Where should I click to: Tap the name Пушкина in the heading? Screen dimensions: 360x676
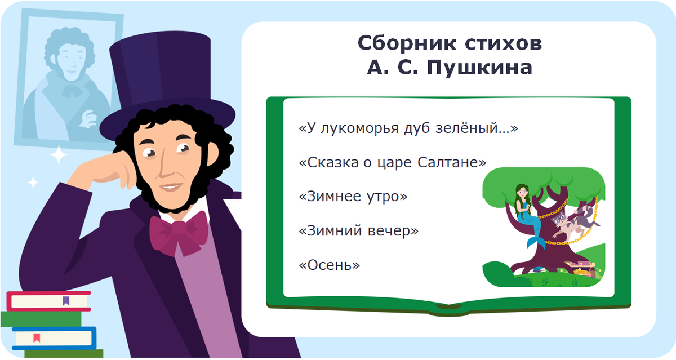tap(478, 68)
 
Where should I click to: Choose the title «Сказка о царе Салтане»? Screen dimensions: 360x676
tap(392, 163)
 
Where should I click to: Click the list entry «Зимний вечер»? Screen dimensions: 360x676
tap(358, 230)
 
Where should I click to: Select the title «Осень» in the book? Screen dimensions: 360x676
tap(329, 264)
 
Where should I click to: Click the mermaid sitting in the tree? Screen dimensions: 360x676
tap(524, 208)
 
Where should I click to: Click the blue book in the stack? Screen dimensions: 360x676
tap(54, 337)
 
